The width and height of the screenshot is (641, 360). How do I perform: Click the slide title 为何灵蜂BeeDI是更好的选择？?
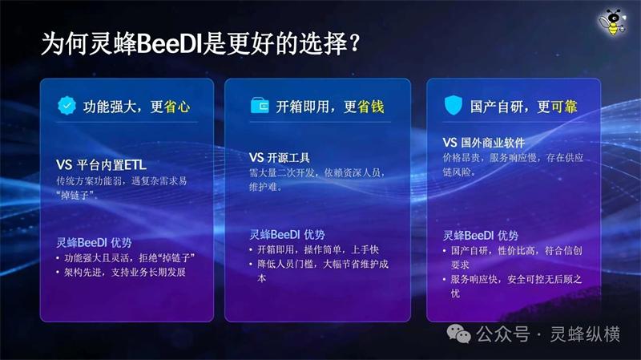pos(201,43)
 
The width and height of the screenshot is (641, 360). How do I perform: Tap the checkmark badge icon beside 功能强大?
pos(67,106)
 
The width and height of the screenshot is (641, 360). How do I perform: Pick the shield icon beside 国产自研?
pos(454,106)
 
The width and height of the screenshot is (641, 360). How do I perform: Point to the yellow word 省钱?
pos(371,107)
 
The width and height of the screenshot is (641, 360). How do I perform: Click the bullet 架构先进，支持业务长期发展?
pos(123,273)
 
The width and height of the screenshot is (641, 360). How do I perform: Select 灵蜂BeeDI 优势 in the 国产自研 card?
pos(481,236)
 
